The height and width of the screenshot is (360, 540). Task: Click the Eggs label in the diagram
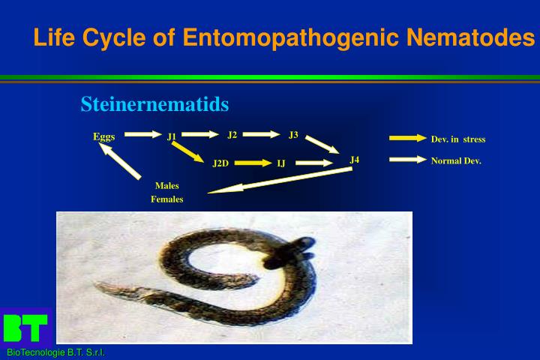click(103, 136)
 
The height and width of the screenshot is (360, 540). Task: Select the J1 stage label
click(172, 136)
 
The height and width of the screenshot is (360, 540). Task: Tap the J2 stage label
click(232, 135)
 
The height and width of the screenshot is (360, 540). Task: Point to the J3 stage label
click(293, 135)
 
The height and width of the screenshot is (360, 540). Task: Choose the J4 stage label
click(355, 159)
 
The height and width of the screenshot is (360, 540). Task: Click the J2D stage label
click(220, 163)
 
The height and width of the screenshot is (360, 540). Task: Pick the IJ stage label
click(281, 163)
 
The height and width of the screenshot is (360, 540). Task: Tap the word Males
click(166, 185)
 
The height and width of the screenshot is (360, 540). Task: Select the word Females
click(166, 199)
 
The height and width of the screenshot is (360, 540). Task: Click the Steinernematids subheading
click(154, 105)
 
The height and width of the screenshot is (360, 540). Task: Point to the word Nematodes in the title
click(469, 36)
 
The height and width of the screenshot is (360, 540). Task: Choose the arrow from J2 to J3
click(261, 135)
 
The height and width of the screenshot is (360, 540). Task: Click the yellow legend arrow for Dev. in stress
click(407, 138)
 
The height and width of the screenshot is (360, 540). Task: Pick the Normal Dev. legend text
click(456, 160)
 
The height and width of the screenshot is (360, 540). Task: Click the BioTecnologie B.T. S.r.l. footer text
click(55, 353)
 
